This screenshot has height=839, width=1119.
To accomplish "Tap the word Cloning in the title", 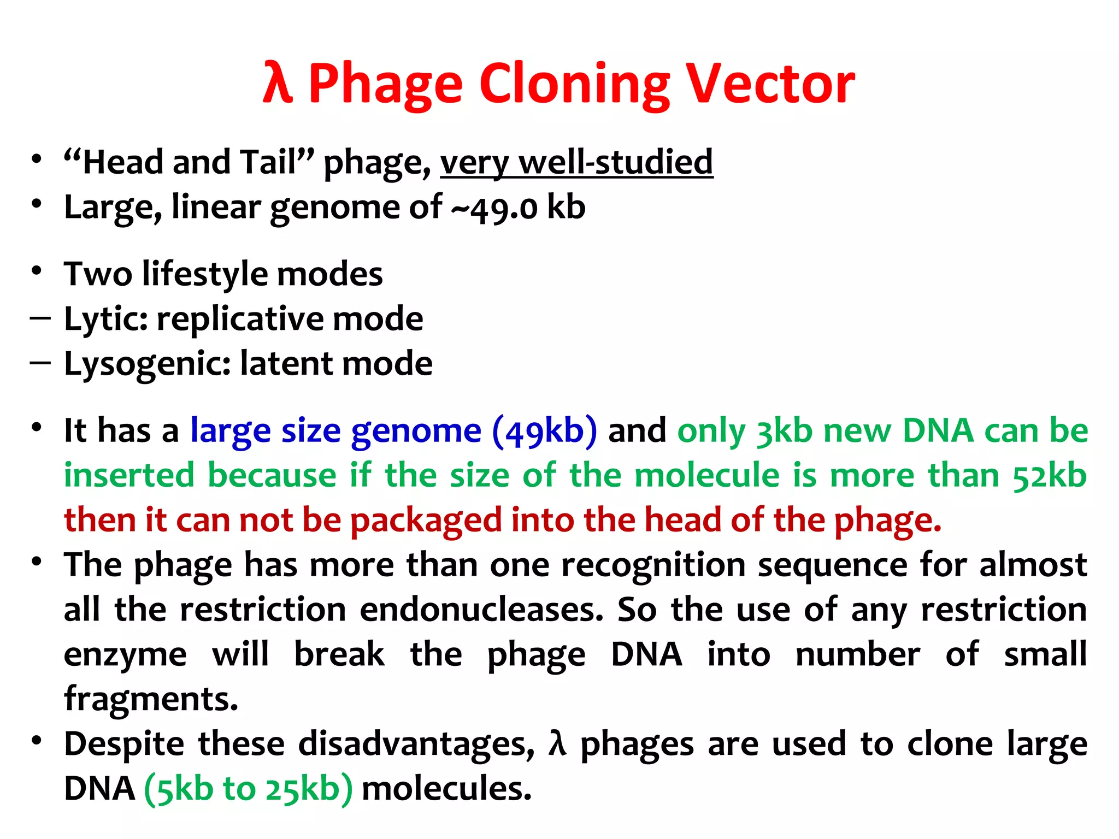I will click(574, 85).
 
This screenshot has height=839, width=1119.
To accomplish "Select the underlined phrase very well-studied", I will click(576, 162).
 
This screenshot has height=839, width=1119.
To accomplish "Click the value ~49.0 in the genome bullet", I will click(494, 208).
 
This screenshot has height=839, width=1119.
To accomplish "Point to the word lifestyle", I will click(205, 274).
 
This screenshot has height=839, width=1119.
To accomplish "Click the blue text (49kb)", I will click(544, 431).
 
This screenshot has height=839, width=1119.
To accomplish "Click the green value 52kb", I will click(1049, 476).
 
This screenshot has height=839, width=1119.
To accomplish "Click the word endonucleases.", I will click(481, 610).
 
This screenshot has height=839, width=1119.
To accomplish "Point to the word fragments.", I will click(151, 699).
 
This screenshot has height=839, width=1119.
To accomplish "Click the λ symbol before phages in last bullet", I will click(557, 744).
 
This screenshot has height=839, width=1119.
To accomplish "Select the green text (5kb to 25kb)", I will click(248, 789).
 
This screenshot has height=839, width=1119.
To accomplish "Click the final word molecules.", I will click(446, 789).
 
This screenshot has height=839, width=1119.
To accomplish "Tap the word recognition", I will click(653, 565).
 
